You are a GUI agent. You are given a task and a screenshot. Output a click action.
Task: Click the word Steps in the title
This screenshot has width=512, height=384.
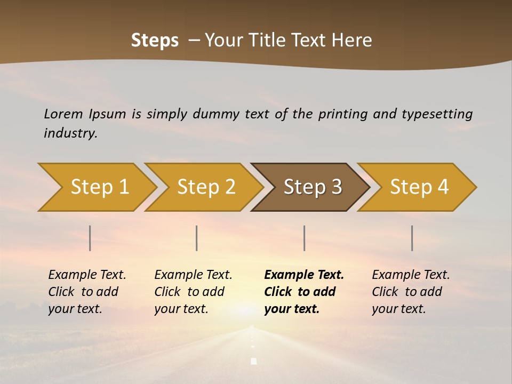[x=155, y=41]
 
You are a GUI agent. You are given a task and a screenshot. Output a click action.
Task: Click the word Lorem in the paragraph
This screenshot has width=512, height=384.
[x=63, y=114]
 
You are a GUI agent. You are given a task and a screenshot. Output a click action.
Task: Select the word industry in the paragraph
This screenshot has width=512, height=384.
[x=70, y=133]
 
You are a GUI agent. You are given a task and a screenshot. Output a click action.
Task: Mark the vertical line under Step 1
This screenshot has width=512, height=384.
[x=90, y=238]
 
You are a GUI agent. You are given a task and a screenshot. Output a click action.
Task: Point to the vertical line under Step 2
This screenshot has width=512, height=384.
[x=197, y=238]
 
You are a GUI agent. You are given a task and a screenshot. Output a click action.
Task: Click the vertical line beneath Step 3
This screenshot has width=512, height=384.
[x=304, y=238]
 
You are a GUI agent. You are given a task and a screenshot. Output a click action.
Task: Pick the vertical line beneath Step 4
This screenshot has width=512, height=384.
[x=412, y=238]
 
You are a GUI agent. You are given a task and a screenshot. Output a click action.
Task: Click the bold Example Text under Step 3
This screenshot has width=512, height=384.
[x=304, y=275]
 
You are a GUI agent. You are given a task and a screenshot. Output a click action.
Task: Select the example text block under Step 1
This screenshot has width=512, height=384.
[x=87, y=292]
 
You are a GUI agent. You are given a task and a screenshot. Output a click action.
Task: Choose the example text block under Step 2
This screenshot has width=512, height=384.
[x=193, y=292]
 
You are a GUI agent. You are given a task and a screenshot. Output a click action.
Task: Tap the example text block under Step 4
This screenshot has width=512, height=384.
[x=411, y=292]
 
